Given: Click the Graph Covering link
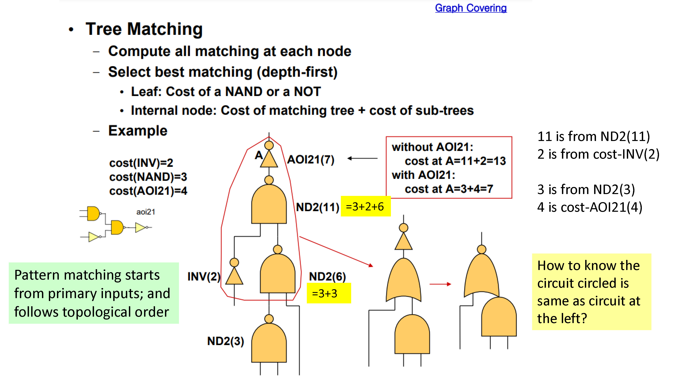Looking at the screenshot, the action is pos(471,8).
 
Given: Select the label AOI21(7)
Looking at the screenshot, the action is pos(311,159).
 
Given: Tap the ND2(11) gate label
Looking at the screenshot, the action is pos(317,207).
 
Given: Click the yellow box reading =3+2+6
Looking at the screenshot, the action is pos(365,206).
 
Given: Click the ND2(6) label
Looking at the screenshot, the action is pos(327,276).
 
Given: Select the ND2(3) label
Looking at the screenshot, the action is pos(226,341).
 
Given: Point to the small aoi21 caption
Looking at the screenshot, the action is pos(146,212).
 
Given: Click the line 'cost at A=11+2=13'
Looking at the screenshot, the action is pos(455,161).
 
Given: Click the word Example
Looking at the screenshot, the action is pos(138,131).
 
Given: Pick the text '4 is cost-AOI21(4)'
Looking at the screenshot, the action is pos(590,207).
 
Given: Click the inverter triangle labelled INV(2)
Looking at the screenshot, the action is pos(234,276).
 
